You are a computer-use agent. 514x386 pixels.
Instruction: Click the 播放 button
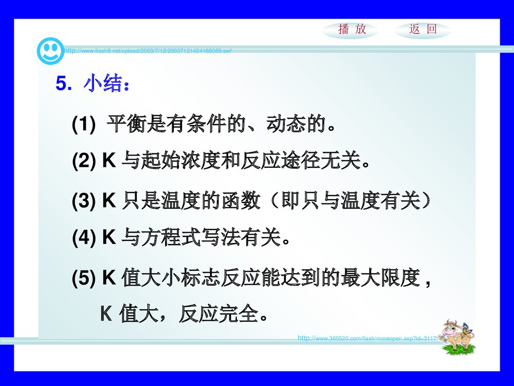pyautogui.click(x=352, y=30)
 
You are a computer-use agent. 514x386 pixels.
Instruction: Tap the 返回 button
pyautogui.click(x=423, y=30)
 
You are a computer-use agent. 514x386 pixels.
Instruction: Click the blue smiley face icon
pyautogui.click(x=50, y=50)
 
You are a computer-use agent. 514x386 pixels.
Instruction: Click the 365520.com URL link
pyautogui.click(x=367, y=338)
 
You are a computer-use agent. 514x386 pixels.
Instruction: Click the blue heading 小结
pyautogui.click(x=106, y=84)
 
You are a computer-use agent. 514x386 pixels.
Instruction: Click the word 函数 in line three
pyautogui.click(x=246, y=202)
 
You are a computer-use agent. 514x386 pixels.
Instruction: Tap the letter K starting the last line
pyautogui.click(x=105, y=313)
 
